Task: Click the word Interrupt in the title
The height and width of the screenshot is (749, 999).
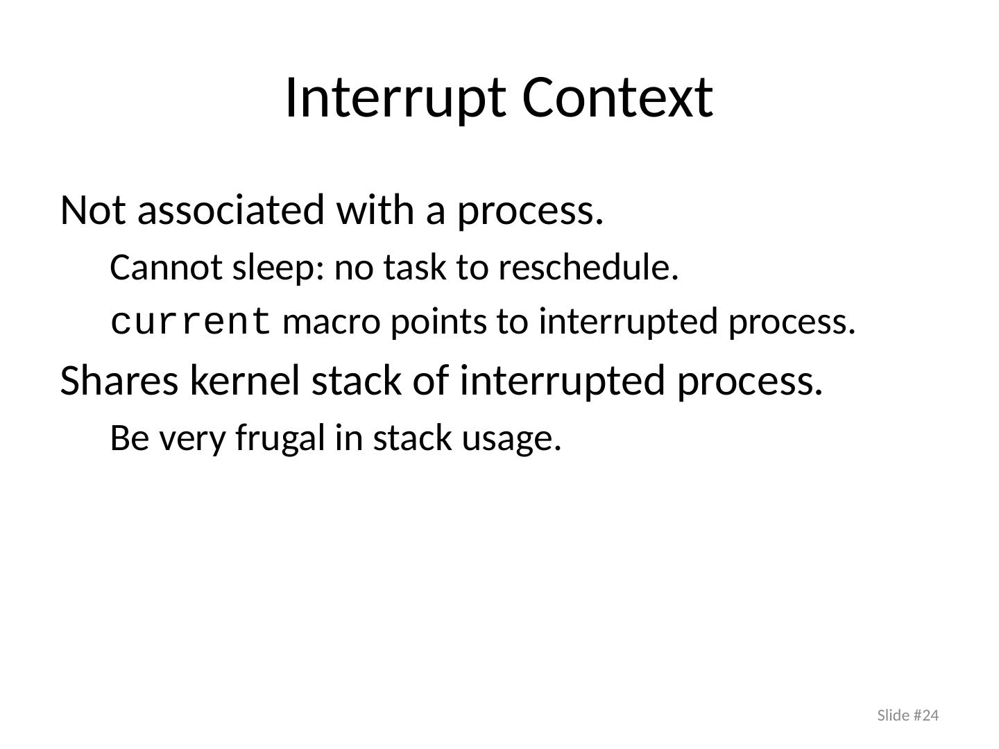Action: (x=395, y=98)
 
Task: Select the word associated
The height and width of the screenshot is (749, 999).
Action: (x=231, y=209)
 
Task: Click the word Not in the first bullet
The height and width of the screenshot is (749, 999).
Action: (x=93, y=210)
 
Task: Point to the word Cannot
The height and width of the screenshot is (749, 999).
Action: (x=166, y=268)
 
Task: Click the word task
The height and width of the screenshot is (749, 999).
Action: (x=415, y=268)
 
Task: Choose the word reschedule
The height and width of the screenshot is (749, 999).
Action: (x=588, y=268)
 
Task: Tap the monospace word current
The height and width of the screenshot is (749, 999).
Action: (x=191, y=322)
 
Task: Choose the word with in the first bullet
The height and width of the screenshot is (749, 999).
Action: (x=375, y=209)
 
